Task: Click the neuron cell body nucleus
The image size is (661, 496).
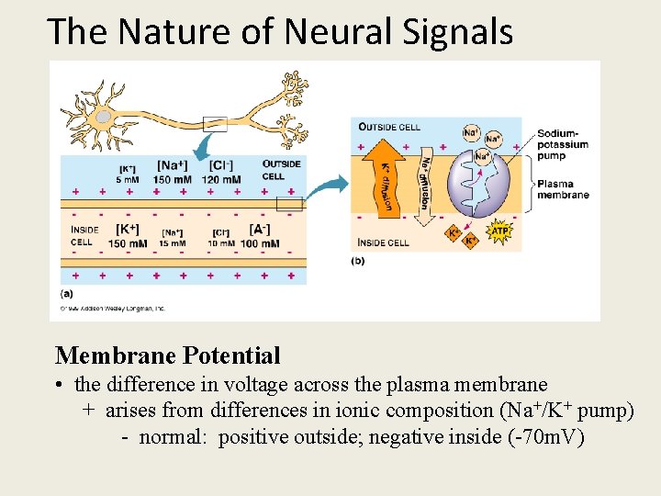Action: coord(104,117)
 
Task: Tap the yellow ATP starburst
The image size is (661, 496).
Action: coord(499,232)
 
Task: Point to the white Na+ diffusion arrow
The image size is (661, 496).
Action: coord(425,179)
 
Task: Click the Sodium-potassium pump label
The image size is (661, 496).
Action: coord(563,144)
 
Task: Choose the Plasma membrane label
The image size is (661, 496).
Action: coord(563,188)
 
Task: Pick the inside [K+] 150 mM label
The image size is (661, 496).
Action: coord(128,237)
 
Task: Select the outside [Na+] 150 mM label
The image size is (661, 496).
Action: coord(174,173)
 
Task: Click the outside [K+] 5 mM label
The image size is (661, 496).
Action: coord(128,175)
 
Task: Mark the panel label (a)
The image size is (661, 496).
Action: coord(67,293)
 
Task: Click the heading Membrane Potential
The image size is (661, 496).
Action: coord(167,355)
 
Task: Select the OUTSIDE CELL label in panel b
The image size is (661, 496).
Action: coord(389,127)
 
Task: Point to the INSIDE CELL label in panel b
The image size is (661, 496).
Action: coord(384,243)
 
